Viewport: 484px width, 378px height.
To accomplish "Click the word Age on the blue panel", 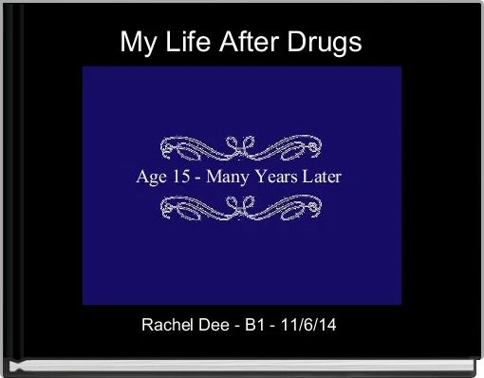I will [x=155, y=177].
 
